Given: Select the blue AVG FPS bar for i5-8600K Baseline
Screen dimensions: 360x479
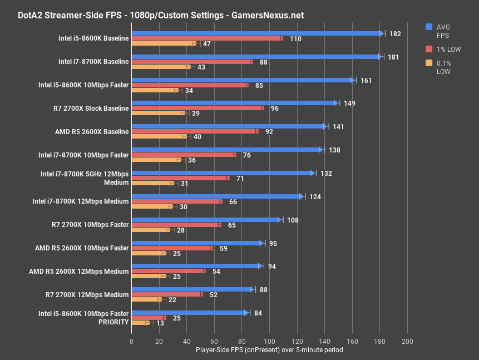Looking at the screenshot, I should point(256,33).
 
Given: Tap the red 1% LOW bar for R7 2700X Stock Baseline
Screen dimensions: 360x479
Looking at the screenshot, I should point(197,108).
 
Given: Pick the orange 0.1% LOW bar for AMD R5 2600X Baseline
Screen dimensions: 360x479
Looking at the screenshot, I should point(159,136).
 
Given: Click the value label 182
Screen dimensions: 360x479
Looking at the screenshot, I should point(395,34).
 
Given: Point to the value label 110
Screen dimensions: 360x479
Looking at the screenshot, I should point(295,39).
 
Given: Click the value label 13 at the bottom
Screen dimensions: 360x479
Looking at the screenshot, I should point(160,323).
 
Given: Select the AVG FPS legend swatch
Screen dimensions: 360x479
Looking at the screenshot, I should point(429,27).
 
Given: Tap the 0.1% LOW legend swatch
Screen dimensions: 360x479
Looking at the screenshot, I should point(429,63).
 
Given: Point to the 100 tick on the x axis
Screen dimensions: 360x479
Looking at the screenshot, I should point(269,341).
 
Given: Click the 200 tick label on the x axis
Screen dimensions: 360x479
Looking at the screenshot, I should point(407,341).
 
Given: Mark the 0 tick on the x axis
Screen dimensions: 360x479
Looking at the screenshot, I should point(132,341).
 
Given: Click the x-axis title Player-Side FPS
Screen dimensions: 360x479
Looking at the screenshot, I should point(269,350).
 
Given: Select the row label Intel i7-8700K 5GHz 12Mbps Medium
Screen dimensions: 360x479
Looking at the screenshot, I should point(85,178).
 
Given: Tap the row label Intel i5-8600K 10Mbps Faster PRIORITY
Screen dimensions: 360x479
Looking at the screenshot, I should point(83,318).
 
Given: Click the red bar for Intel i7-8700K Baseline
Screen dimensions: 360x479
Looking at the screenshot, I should point(192,62).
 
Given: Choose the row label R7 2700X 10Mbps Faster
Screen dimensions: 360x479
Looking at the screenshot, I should point(90,225).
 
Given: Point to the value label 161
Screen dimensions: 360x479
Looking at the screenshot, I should point(366,81).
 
